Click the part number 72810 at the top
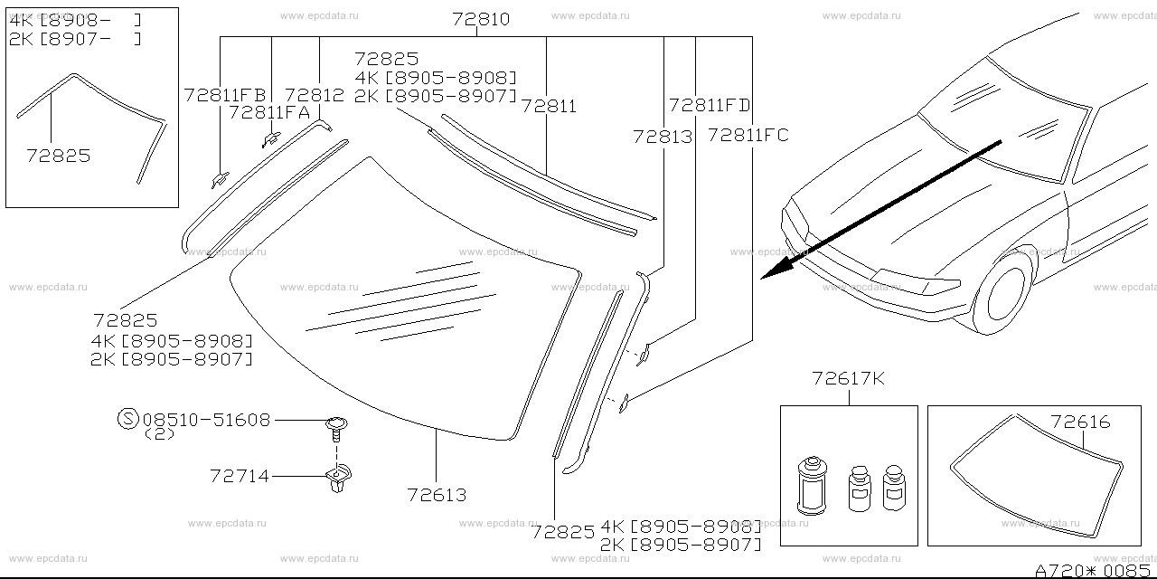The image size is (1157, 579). point(481,19)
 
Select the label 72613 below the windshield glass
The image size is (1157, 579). point(437,495)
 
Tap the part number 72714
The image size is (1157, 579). point(240,476)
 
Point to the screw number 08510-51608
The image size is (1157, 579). point(206,420)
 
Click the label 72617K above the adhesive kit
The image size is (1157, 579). point(848,378)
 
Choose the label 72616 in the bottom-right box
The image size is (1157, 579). point(1080,422)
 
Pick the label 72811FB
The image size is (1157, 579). point(225,95)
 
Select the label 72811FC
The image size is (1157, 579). point(748,136)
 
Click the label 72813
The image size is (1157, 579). point(663,137)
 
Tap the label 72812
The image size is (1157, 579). point(314,95)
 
